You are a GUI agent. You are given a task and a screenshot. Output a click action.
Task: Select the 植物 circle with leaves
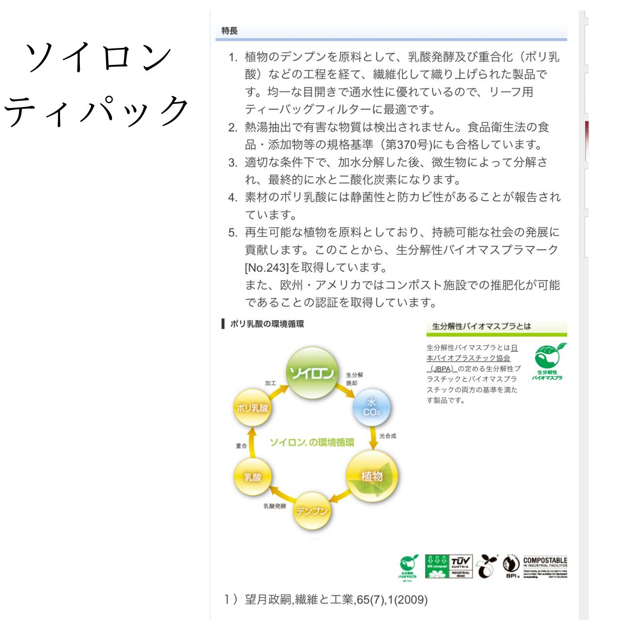click(x=372, y=476)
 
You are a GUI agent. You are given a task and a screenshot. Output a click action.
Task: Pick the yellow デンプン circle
click(x=312, y=511)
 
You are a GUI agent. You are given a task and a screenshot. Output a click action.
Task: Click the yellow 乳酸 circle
click(x=252, y=477)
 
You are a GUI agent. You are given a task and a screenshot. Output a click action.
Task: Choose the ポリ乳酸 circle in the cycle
click(x=252, y=408)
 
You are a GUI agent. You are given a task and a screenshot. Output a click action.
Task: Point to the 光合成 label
click(x=388, y=436)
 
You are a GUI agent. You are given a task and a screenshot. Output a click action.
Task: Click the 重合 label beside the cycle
click(x=241, y=446)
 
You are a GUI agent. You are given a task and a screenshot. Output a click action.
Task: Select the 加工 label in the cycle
click(x=270, y=383)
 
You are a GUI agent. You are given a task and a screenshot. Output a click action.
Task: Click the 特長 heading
click(x=229, y=31)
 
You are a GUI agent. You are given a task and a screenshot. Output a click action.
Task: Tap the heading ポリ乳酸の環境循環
click(x=267, y=324)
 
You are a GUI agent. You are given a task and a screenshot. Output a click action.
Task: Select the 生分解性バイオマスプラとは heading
click(x=481, y=326)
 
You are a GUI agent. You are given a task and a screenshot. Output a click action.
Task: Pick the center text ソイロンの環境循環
click(x=312, y=442)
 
